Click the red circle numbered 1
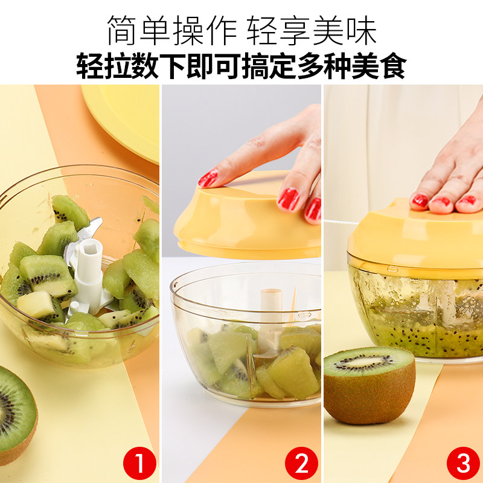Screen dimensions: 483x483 [139, 463]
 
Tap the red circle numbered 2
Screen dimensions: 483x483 [301, 463]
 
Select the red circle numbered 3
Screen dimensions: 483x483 [463, 463]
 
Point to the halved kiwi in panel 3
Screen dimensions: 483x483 [369, 385]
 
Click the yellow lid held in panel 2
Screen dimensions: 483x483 [246, 222]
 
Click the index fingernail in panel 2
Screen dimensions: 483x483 [208, 179]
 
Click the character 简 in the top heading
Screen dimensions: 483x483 [123, 30]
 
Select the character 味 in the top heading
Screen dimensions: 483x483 [361, 30]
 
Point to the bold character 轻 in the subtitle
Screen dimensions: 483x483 [89, 66]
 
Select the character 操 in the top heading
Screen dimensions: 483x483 [188, 30]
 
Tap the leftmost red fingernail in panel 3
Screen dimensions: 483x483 [420, 200]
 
